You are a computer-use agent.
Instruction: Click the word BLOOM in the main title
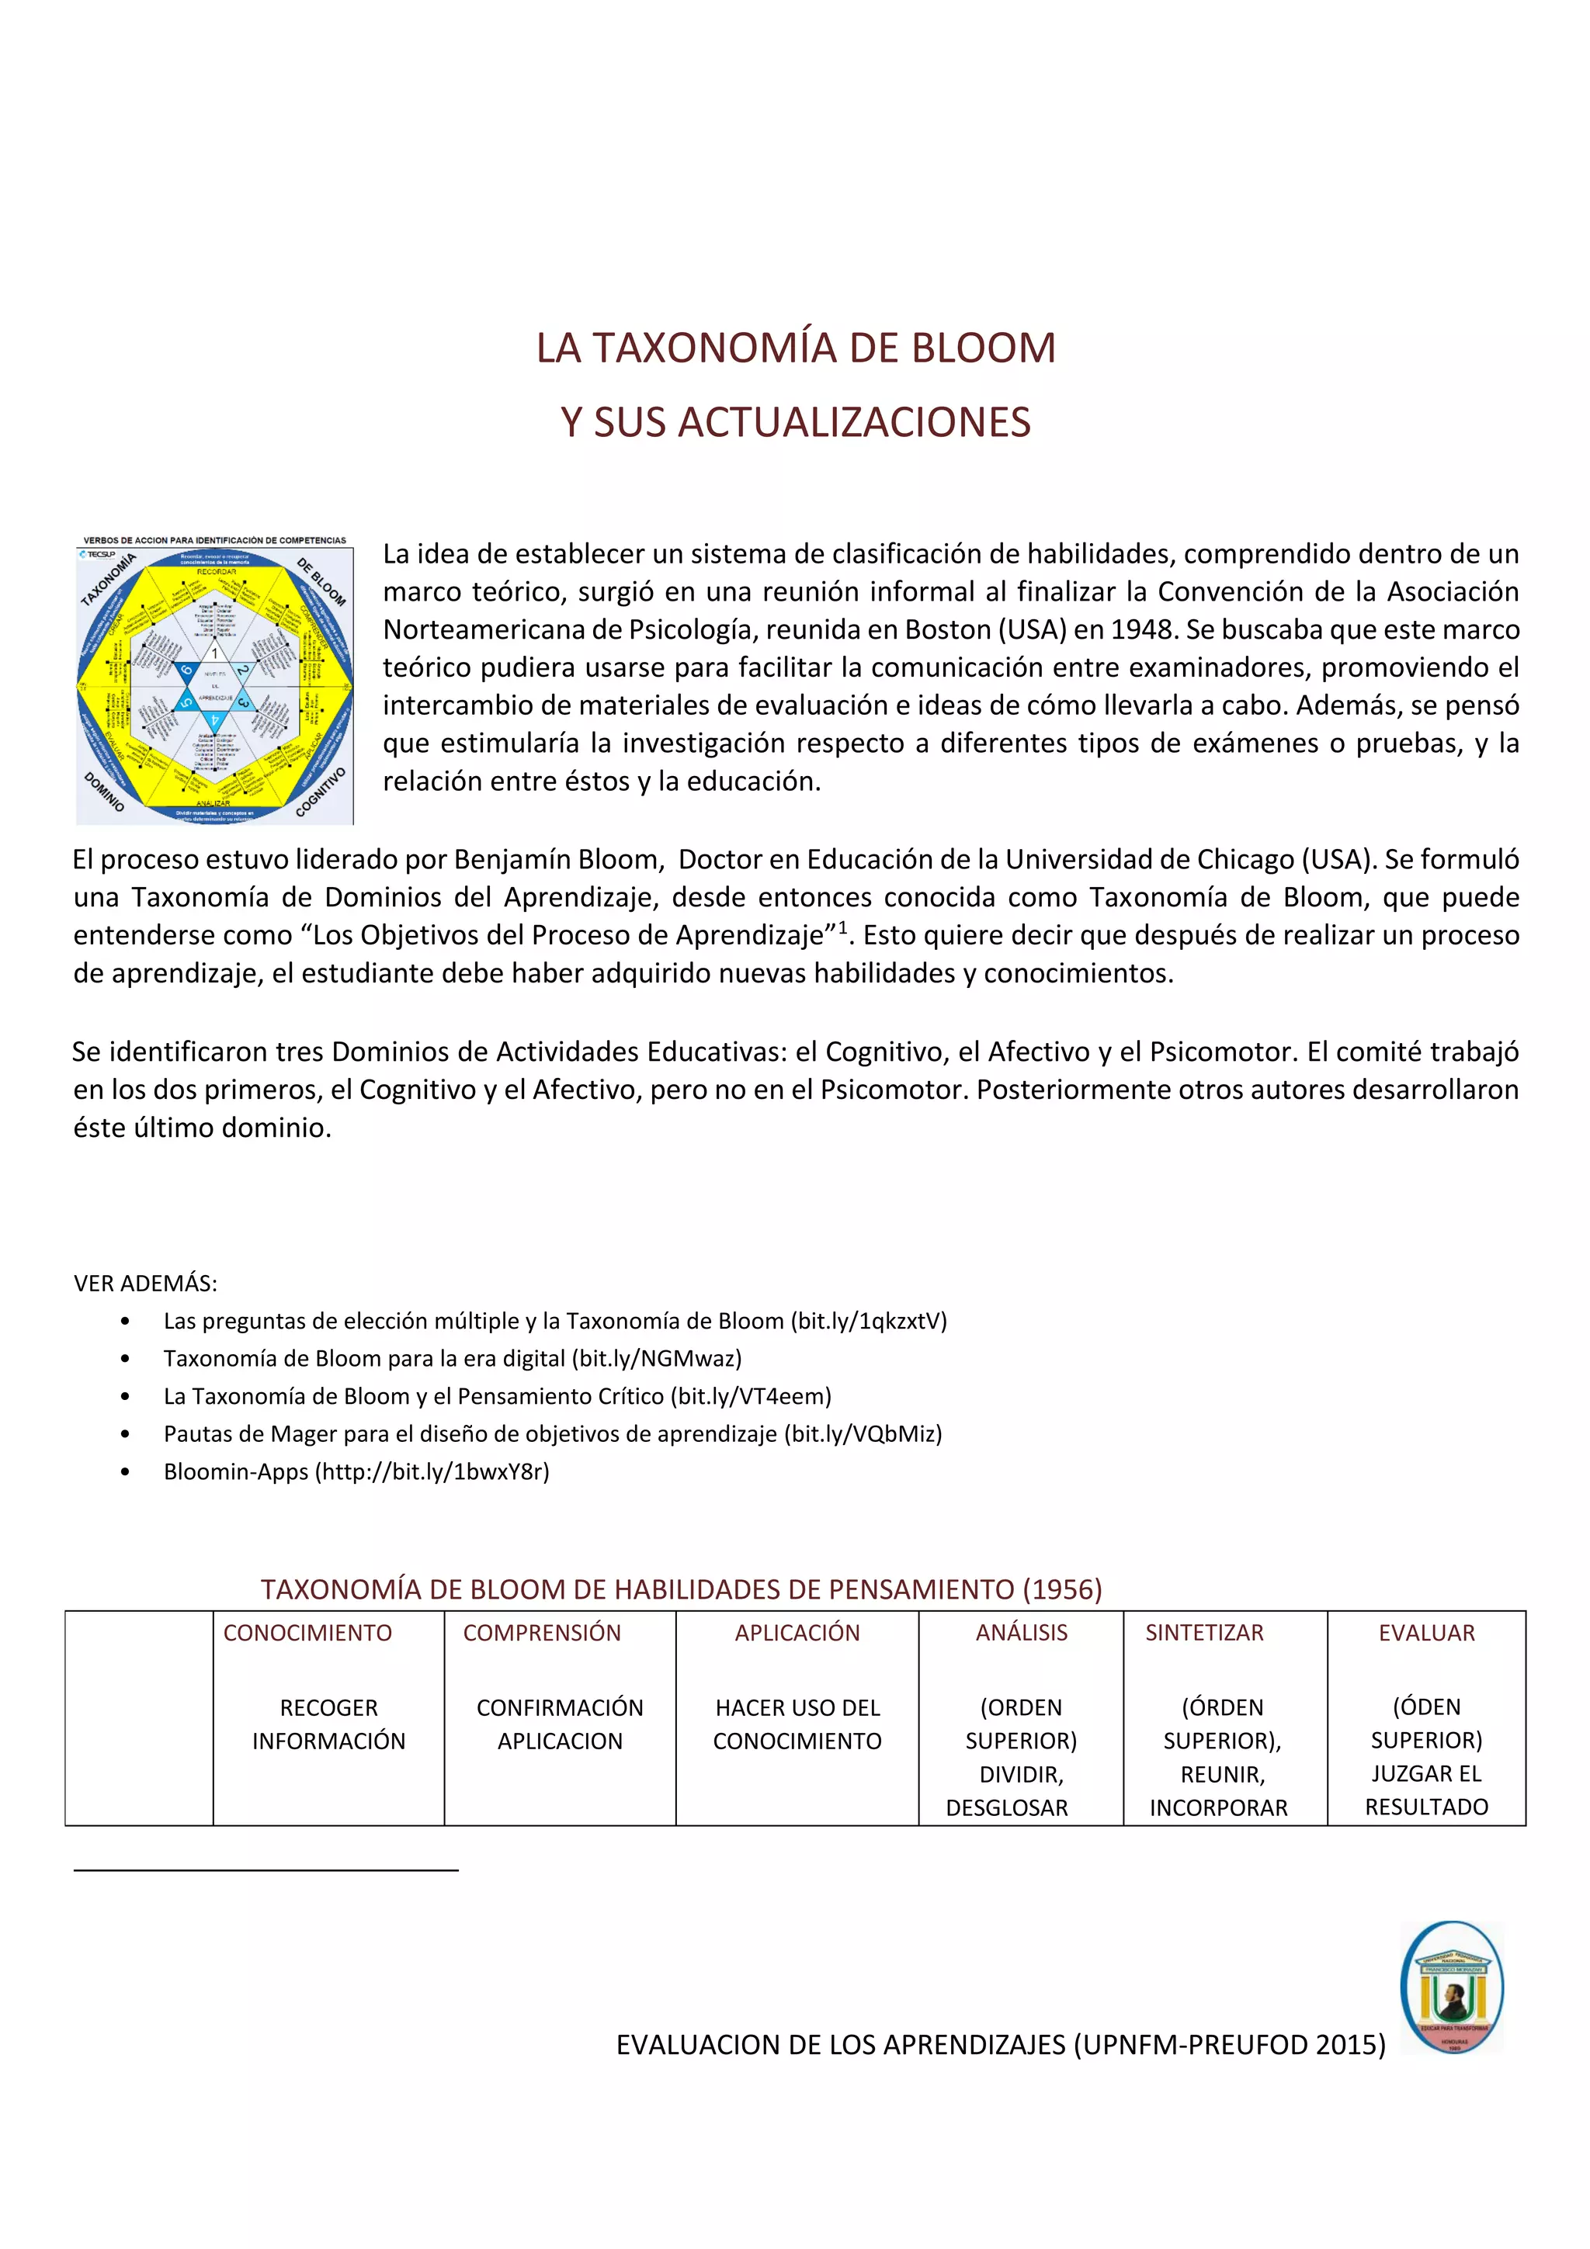tap(983, 348)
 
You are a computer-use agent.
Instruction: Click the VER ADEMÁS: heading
tap(146, 1283)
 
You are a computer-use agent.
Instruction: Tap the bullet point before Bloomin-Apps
tap(124, 1472)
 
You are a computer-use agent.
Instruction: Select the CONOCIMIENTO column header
tap(307, 1633)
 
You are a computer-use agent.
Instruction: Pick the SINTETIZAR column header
tap(1204, 1633)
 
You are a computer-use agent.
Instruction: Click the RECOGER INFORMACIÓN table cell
tap(328, 1724)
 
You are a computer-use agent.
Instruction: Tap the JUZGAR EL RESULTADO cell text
tap(1426, 1790)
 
